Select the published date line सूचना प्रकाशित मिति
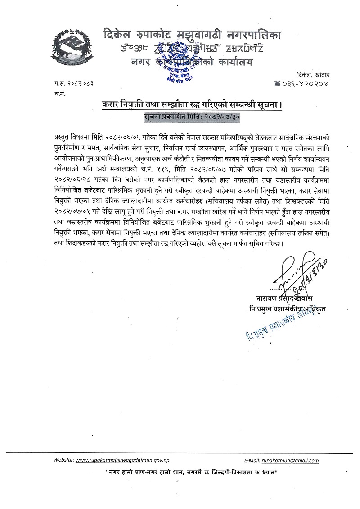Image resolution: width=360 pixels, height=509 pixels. point(192,116)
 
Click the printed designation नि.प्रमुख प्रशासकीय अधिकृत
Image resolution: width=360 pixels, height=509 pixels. point(288,310)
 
